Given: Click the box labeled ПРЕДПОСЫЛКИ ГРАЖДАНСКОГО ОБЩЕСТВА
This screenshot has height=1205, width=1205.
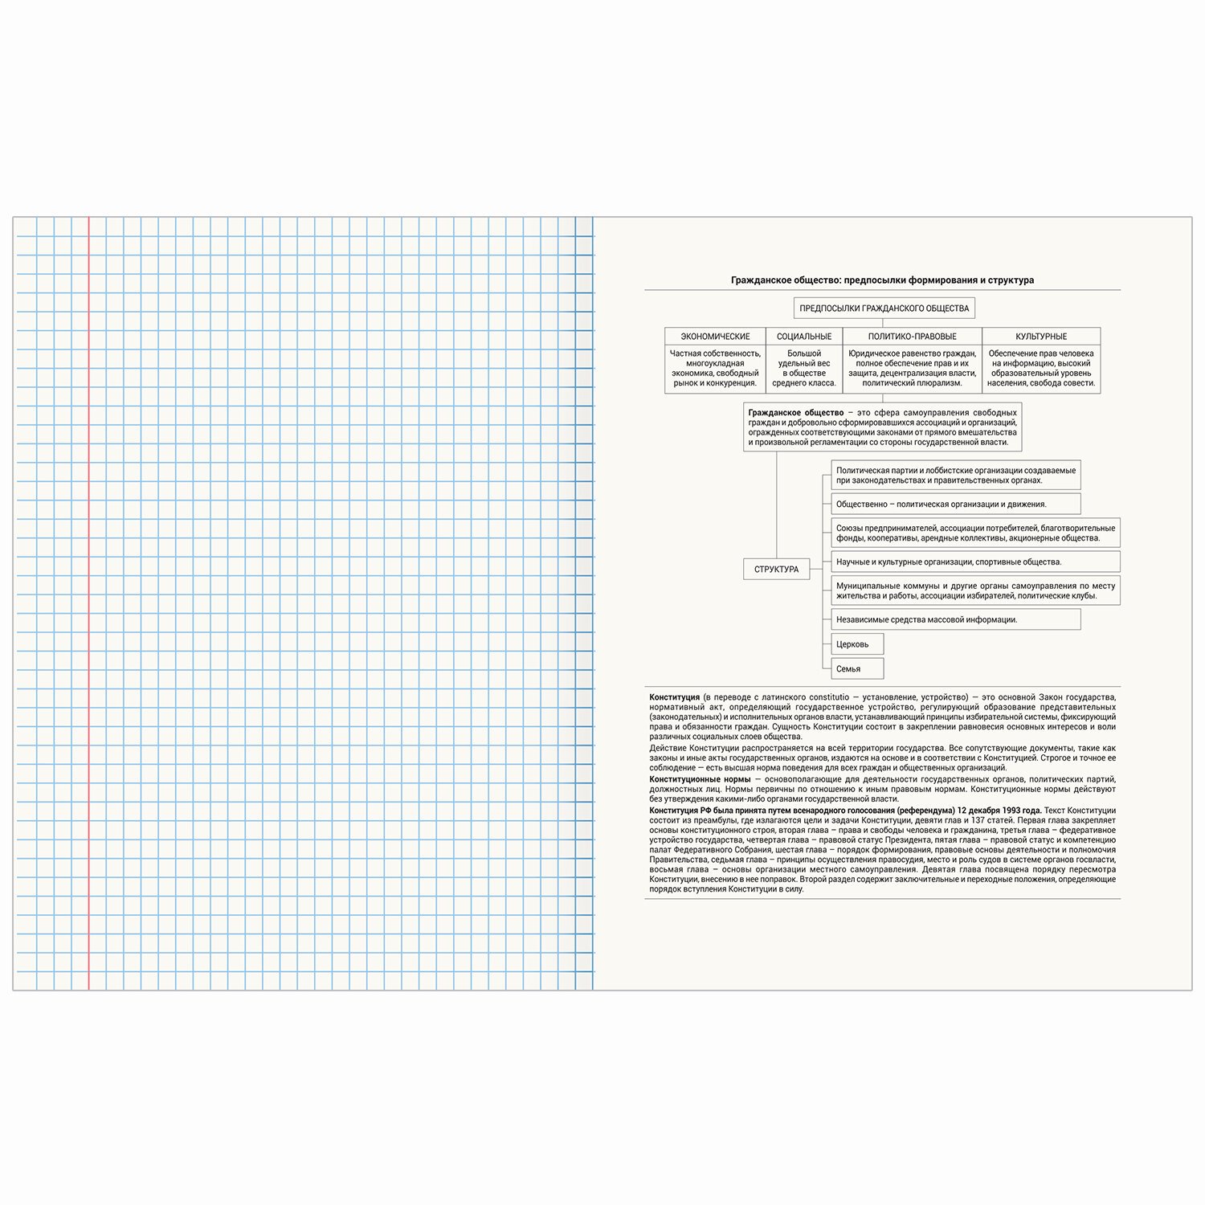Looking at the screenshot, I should (884, 308).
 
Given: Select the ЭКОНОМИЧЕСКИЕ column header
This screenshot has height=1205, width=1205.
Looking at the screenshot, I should (715, 337).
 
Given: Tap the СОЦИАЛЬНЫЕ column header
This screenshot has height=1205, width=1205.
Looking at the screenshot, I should (804, 337).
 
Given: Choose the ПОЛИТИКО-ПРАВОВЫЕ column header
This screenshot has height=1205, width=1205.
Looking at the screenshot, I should (912, 337).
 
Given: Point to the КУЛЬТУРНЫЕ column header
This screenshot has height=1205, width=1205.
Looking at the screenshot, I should (1041, 337).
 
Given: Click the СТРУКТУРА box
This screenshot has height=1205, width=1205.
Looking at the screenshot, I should (776, 569).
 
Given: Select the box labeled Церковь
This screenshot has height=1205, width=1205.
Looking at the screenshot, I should (856, 644).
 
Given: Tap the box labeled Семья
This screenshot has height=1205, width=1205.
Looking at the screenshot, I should (856, 668).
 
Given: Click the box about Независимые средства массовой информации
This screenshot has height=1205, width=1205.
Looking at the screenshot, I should (955, 619).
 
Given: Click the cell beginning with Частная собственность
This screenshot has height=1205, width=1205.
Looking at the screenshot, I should (715, 368).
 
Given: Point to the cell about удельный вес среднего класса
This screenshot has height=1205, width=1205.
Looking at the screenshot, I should (804, 368).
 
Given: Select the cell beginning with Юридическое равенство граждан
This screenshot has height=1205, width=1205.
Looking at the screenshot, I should (912, 368).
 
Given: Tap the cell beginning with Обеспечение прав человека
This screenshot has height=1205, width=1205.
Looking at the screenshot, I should (1041, 368).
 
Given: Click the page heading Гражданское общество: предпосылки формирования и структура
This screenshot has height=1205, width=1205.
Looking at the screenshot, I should (882, 280).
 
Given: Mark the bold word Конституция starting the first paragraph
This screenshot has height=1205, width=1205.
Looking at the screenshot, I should (674, 697).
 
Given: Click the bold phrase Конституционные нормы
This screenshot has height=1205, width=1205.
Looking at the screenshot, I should (700, 779).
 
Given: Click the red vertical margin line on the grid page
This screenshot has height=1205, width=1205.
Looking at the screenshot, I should (88, 602).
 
